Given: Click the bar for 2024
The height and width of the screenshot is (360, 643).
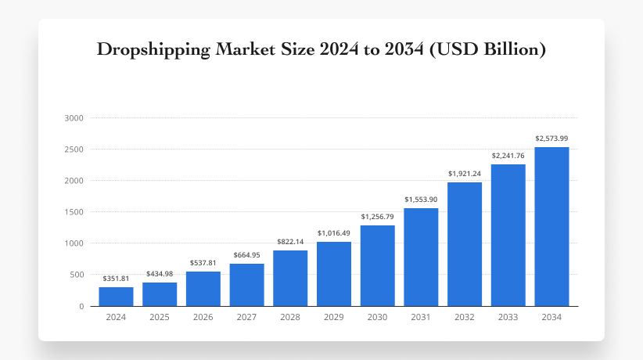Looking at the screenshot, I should [116, 297].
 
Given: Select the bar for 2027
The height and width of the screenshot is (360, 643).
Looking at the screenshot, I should [246, 285].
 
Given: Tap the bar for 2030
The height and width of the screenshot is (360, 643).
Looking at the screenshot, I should [377, 265].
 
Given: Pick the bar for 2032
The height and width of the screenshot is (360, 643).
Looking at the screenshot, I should [465, 243].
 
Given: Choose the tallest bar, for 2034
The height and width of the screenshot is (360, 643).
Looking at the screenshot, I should [551, 226].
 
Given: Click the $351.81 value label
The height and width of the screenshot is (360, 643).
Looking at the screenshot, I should [116, 278].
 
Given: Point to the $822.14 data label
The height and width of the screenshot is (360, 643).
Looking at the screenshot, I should [290, 242].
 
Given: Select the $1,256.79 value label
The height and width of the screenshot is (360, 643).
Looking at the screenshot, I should [377, 216].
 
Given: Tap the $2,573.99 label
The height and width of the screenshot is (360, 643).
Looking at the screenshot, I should [551, 139].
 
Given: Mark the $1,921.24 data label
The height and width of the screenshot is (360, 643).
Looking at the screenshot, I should [465, 173].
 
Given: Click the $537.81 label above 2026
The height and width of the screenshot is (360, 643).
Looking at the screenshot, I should [203, 262].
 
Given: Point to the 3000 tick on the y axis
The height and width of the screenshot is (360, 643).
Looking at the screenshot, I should [74, 118].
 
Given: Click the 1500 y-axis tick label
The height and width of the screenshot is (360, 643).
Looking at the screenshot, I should [74, 212].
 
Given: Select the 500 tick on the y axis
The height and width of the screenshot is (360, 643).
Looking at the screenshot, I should [77, 275].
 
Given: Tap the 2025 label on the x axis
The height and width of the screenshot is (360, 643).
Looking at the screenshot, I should [160, 318].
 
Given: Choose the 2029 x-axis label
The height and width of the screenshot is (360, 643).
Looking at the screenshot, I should [334, 318].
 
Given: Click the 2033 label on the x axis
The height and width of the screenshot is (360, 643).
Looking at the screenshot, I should [508, 318].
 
